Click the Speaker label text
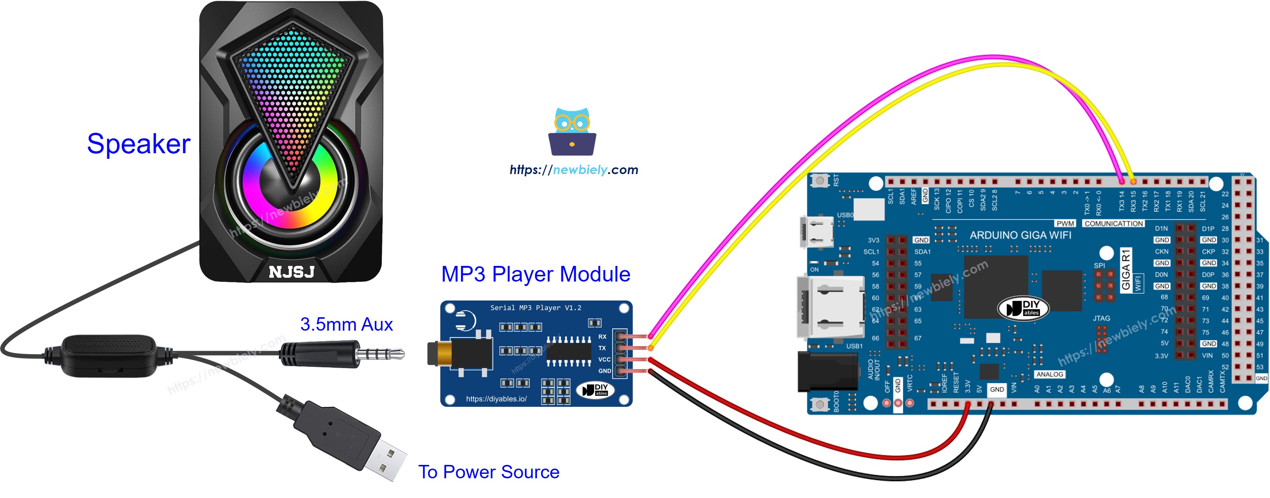[x=139, y=144]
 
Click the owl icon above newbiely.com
[x=572, y=132]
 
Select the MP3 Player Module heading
[x=535, y=274]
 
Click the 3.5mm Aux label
[x=346, y=325]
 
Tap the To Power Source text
[x=488, y=472]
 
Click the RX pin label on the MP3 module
[x=602, y=337]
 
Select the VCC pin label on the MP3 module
[x=604, y=360]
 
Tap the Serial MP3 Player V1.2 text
[x=535, y=308]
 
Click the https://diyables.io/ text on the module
[x=496, y=399]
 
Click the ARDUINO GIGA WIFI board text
[x=1020, y=235]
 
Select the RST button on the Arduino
[x=819, y=181]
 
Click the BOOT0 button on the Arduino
[x=819, y=404]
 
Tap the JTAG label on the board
[x=1101, y=319]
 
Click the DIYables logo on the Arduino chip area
[x=1023, y=308]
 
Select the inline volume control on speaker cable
[x=108, y=356]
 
